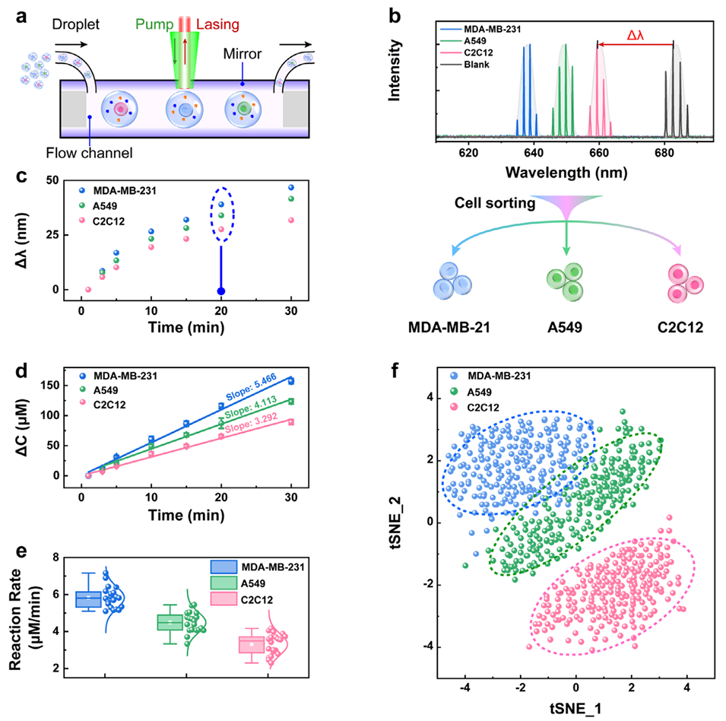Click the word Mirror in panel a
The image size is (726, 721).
(243, 54)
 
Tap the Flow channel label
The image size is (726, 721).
(89, 153)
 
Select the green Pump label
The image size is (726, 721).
(154, 24)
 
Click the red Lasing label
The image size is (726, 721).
(217, 24)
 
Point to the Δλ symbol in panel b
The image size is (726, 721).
(636, 35)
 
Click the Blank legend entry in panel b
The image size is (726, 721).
(477, 65)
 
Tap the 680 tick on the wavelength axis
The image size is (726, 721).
(664, 152)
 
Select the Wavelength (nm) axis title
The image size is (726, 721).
(566, 172)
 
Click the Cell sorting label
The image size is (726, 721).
(494, 203)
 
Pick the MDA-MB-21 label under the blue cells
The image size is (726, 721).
(449, 327)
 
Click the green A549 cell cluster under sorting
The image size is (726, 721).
(566, 281)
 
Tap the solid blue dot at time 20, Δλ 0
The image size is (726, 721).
(221, 291)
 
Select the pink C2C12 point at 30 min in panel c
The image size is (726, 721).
(291, 221)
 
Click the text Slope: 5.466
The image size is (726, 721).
(251, 387)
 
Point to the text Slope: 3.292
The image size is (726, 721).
(252, 423)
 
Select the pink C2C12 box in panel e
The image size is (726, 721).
(252, 645)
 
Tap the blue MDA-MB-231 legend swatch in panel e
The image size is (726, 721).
(224, 567)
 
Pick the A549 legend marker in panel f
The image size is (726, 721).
(454, 392)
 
